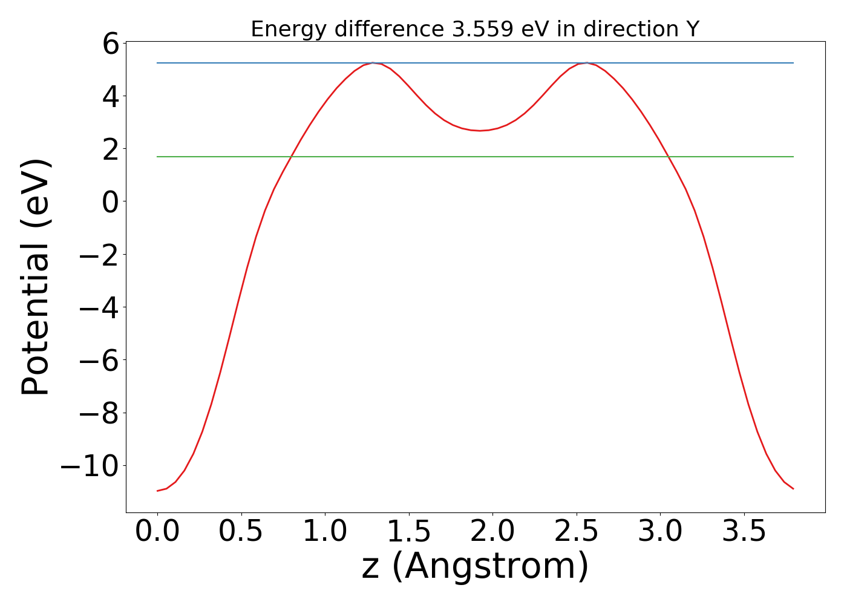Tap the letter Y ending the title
click(693, 29)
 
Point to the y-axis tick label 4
click(110, 96)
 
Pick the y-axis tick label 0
click(110, 201)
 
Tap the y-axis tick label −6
click(99, 360)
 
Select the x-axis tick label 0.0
click(157, 532)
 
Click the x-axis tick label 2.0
click(492, 532)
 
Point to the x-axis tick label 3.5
click(744, 532)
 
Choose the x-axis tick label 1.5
click(409, 532)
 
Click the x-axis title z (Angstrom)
click(475, 566)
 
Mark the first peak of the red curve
click(373, 63)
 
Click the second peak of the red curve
click(586, 63)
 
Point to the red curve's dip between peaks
click(480, 130)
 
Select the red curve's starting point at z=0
click(157, 491)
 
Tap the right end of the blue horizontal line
click(793, 63)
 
